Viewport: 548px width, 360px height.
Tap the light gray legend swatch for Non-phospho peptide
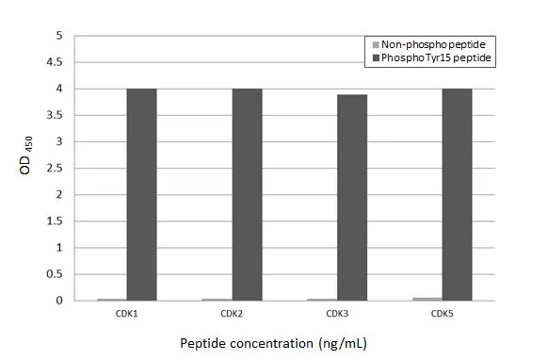click(376, 44)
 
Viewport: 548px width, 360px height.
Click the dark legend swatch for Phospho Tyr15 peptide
click(376, 58)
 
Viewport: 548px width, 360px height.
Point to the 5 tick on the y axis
click(60, 36)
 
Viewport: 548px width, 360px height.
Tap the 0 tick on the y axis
click(60, 301)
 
